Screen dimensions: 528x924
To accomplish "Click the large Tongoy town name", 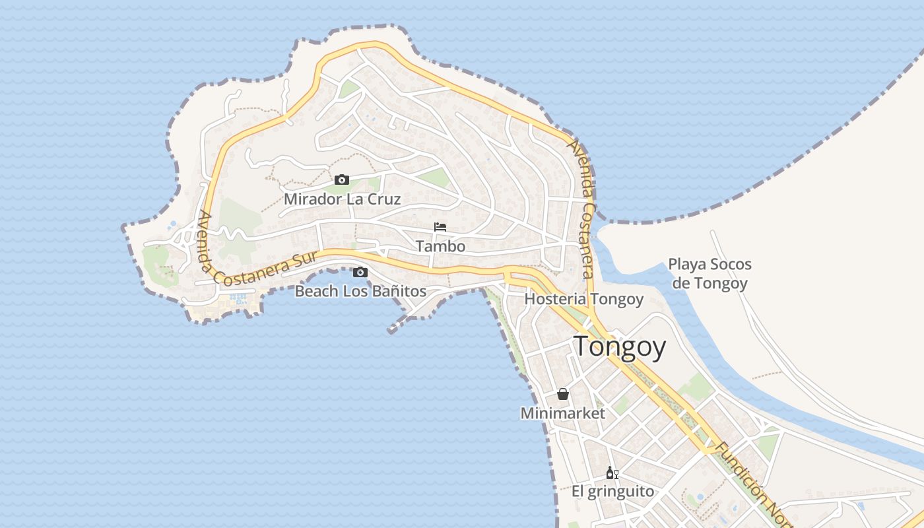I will click(619, 346).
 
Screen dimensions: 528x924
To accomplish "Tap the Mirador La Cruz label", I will click(342, 199).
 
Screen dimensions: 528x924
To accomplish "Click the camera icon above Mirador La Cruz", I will click(341, 180).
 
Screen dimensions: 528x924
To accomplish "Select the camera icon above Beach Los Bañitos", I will click(360, 272).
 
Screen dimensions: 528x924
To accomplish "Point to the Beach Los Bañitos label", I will click(360, 291).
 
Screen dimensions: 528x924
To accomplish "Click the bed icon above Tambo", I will click(440, 227).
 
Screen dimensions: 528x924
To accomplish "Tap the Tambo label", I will click(440, 246).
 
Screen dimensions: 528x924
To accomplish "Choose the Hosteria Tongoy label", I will click(583, 299).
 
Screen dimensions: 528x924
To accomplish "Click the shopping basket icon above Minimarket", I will click(563, 394).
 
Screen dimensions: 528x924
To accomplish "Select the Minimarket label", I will click(562, 413).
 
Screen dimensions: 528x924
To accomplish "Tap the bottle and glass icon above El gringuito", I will click(612, 473).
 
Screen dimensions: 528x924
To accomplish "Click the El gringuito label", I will click(612, 492).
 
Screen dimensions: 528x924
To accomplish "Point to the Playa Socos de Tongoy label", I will click(709, 274).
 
